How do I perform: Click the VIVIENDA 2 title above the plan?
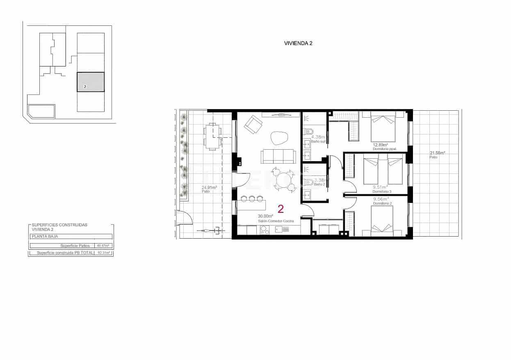[x=298, y=43]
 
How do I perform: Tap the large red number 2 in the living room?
[x=281, y=209]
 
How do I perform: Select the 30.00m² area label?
[x=265, y=216]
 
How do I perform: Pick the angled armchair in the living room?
[x=253, y=123]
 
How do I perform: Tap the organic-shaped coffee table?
[x=280, y=138]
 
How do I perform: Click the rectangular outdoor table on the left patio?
[x=212, y=137]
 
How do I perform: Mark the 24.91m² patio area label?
[x=209, y=188]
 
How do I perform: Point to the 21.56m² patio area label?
[x=437, y=153]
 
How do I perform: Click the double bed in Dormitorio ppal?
[x=383, y=128]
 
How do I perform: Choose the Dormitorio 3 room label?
[x=382, y=192]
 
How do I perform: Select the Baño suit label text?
[x=318, y=141]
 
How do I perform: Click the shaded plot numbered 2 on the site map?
[x=91, y=82]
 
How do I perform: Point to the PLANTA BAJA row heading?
[x=45, y=237]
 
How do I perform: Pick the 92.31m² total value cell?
[x=104, y=253]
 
